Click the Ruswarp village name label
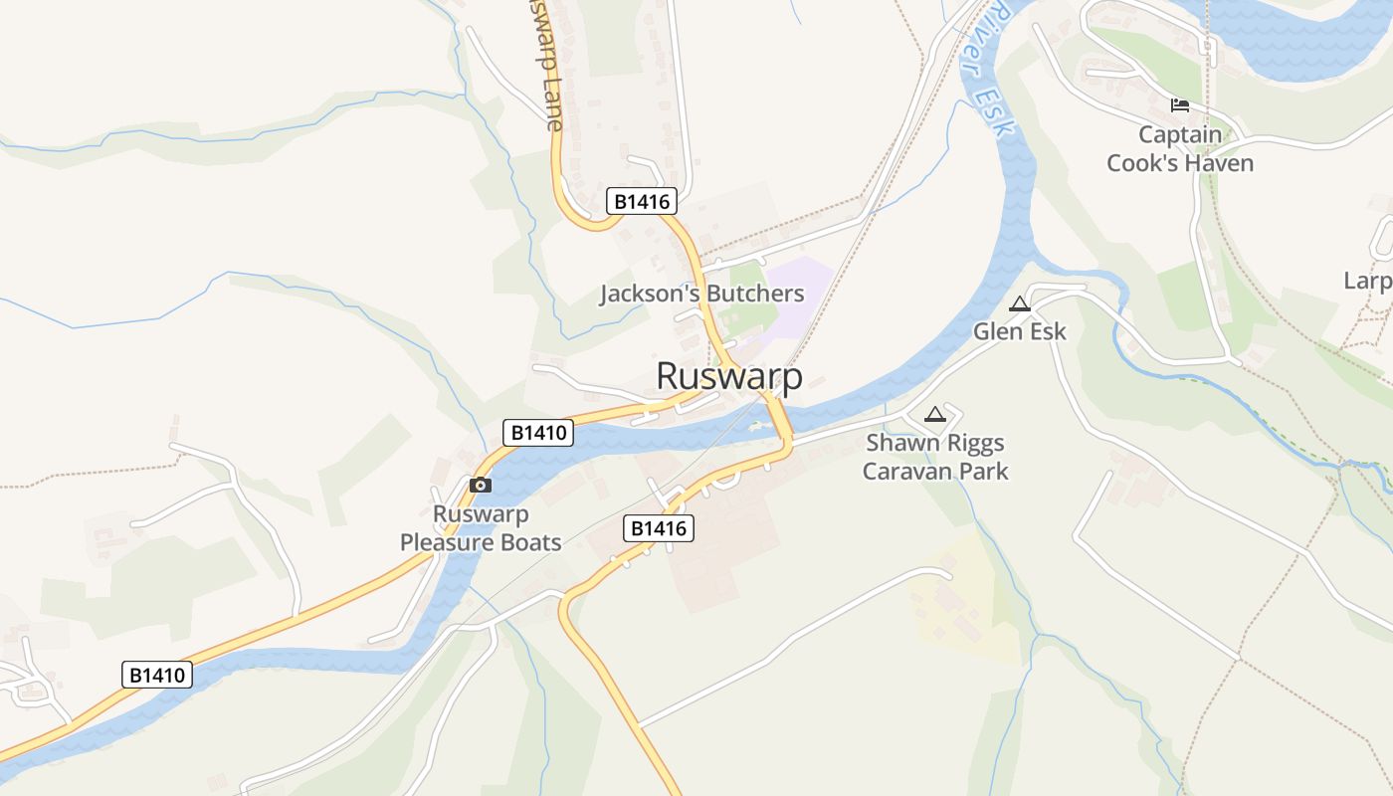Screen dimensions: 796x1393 [x=729, y=376]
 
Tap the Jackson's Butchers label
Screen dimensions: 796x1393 [x=701, y=294]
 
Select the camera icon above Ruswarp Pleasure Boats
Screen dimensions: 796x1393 [x=480, y=486]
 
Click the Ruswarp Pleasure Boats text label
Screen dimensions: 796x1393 [x=481, y=528]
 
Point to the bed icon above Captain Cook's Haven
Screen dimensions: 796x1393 [x=1180, y=104]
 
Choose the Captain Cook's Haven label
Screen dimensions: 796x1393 [x=1180, y=148]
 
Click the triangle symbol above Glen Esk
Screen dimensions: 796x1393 [x=1019, y=304]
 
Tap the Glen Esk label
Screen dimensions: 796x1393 [x=1019, y=331]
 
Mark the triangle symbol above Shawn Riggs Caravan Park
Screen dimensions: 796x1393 [x=934, y=414]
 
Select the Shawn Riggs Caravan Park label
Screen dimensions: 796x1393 [x=934, y=457]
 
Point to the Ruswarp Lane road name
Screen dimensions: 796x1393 [x=544, y=65]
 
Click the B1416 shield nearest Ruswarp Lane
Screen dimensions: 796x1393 [x=642, y=202]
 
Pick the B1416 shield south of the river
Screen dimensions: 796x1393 [x=658, y=528]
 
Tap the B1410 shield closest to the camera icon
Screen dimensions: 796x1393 [x=538, y=433]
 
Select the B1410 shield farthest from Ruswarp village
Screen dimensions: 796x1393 [x=157, y=675]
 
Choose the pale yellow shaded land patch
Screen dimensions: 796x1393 [x=960, y=597]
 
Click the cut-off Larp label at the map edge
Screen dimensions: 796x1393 [x=1369, y=281]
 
